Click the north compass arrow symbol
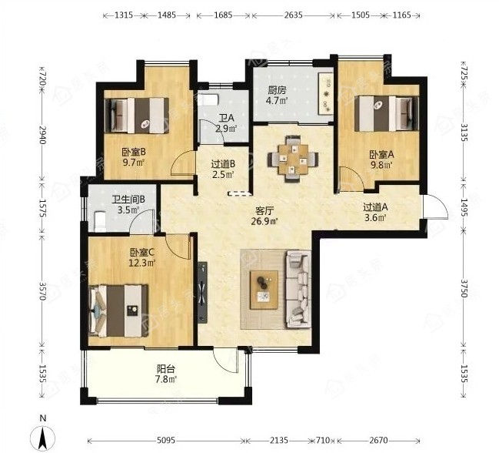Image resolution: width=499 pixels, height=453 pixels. click(x=42, y=438)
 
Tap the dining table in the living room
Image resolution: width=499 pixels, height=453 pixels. click(x=293, y=159)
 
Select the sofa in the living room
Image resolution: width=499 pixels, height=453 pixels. click(x=298, y=290)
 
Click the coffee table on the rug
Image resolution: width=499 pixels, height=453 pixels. click(x=264, y=290)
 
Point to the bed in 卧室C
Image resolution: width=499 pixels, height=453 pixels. click(x=118, y=310)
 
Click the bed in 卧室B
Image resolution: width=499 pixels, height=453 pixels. click(x=137, y=115)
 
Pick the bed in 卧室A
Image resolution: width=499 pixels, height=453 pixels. click(x=386, y=113)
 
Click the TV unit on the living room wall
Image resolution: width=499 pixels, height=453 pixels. click(x=202, y=292)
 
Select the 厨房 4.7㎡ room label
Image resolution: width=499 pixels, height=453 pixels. click(x=278, y=96)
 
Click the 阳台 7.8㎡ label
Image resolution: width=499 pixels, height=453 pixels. click(x=166, y=374)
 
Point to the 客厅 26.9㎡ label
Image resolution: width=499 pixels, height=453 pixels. click(x=264, y=216)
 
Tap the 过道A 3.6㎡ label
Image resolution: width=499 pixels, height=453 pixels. click(x=375, y=213)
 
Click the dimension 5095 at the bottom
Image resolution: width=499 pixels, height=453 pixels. click(x=166, y=440)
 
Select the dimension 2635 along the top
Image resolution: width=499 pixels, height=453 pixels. click(x=293, y=15)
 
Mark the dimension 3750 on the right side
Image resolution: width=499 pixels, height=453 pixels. click(x=464, y=288)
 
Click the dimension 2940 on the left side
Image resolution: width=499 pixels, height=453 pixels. click(x=42, y=135)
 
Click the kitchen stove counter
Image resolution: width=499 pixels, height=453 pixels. click(x=326, y=93)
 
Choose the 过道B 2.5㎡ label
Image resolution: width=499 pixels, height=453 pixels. click(x=223, y=169)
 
